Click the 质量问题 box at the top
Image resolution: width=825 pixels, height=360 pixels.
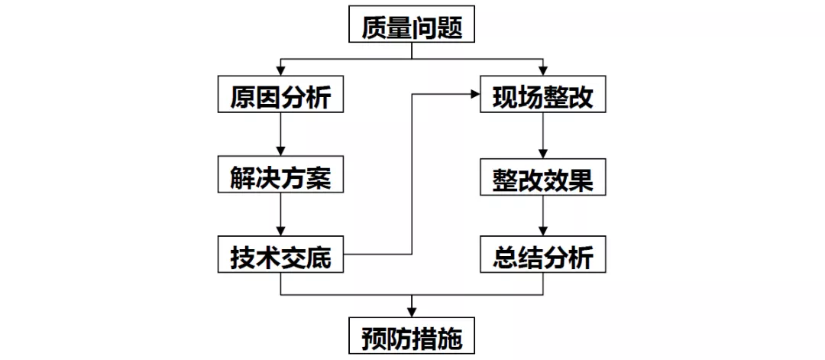(x=412, y=25)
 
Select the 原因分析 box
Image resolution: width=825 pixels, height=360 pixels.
(x=281, y=97)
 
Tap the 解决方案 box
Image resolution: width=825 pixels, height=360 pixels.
(x=281, y=177)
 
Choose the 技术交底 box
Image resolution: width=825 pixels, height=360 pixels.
(x=281, y=257)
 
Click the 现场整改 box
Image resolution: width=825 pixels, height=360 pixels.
(x=543, y=97)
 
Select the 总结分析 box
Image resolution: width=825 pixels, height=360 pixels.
(x=543, y=257)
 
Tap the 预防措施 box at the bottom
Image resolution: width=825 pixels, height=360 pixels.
(x=412, y=336)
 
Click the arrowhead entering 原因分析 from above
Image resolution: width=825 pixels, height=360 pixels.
(x=281, y=71)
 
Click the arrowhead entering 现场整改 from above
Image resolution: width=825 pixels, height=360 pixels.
(x=543, y=71)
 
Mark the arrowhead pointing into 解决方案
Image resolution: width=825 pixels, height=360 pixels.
(x=281, y=151)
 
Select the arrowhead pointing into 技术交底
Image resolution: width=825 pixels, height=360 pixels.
(x=281, y=232)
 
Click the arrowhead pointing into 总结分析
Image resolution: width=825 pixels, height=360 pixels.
(x=543, y=232)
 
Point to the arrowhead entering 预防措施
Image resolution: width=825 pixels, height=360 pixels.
(x=412, y=311)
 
